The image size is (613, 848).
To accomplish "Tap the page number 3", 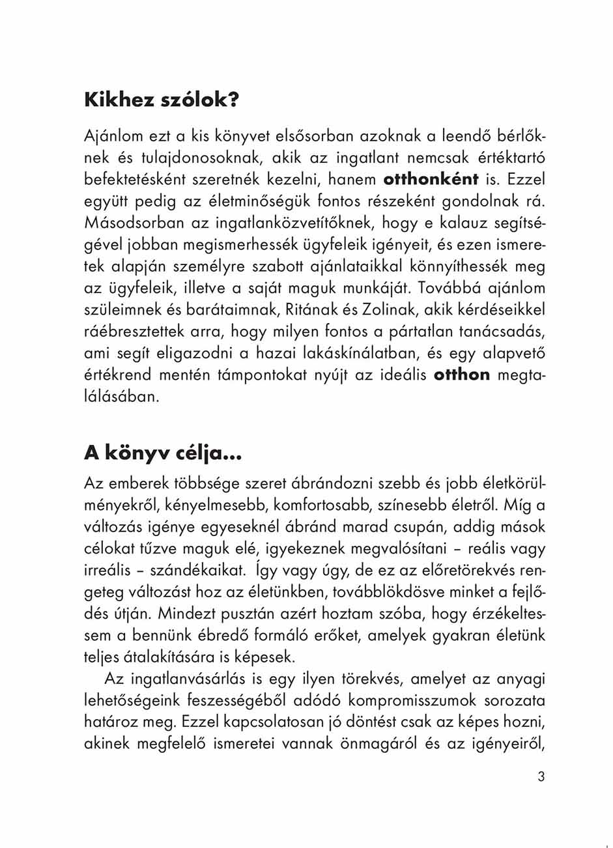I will point(541,776).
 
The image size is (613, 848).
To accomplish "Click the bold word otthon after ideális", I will point(461,375).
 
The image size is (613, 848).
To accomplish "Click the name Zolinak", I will point(389,309).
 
